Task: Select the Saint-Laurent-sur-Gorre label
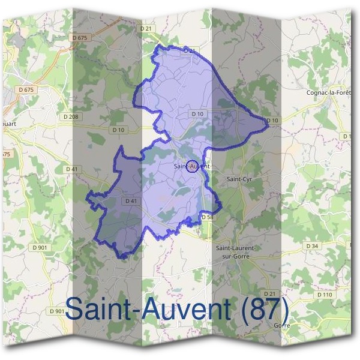point(236,251)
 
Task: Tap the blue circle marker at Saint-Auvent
point(193,167)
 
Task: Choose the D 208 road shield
point(71,116)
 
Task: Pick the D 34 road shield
point(311,246)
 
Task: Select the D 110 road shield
point(324,295)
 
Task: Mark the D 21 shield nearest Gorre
point(269,293)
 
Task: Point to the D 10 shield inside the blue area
point(197,113)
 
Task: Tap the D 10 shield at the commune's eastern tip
point(272,121)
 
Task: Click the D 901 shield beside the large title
point(57,311)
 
